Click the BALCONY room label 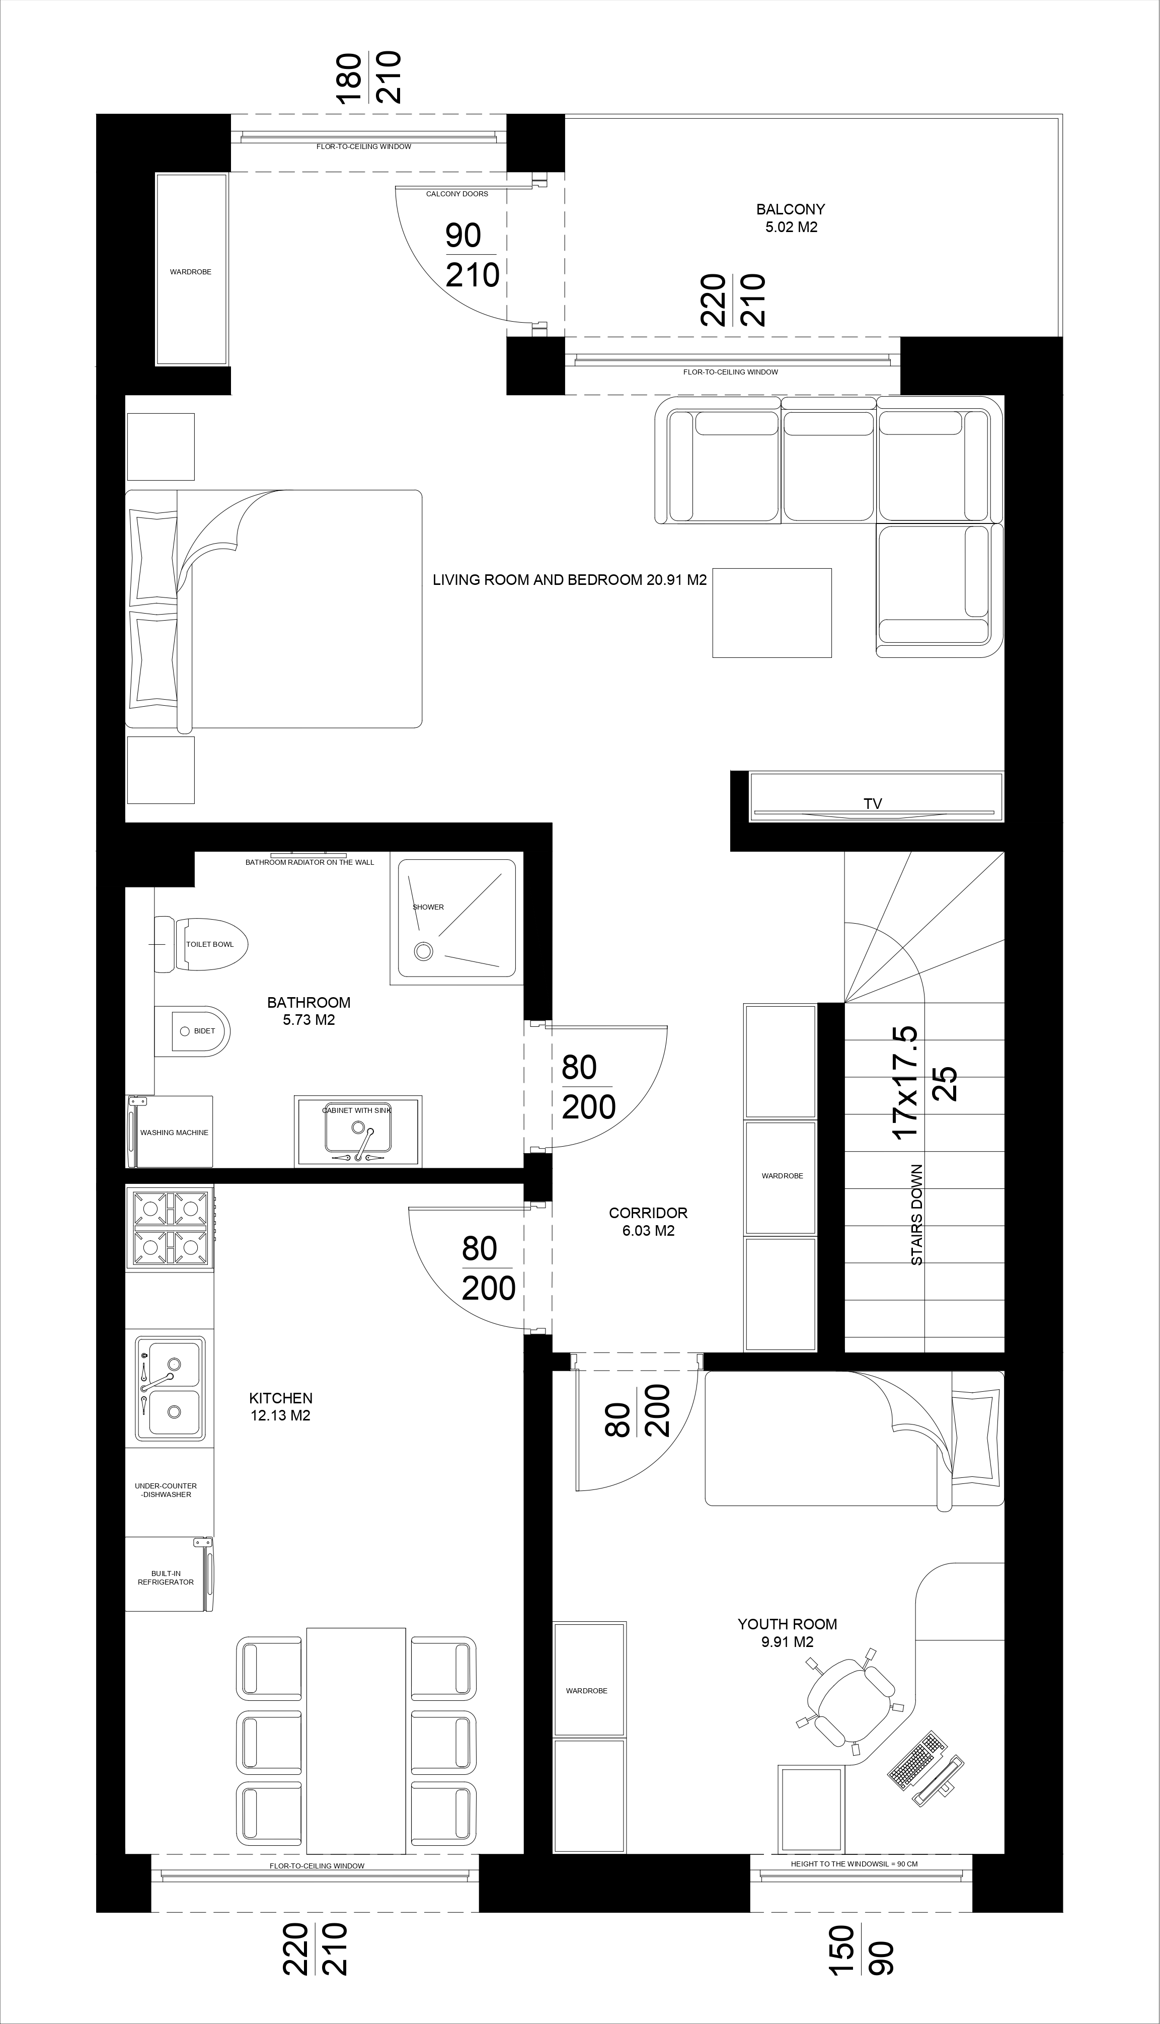coord(790,209)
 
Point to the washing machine coord(170,1132)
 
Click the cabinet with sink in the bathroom coord(358,1132)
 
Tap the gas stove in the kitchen coord(170,1228)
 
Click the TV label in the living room coord(873,804)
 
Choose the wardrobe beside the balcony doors coord(191,269)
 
